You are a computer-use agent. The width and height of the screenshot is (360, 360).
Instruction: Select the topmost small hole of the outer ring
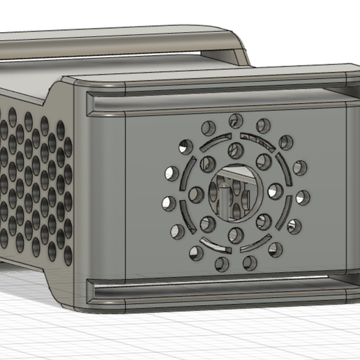point(235,119)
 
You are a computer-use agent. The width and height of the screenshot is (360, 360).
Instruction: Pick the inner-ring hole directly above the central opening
point(235,150)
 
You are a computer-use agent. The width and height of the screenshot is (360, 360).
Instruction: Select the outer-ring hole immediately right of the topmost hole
point(263,126)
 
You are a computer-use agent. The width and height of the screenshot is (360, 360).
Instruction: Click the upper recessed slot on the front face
point(216,102)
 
